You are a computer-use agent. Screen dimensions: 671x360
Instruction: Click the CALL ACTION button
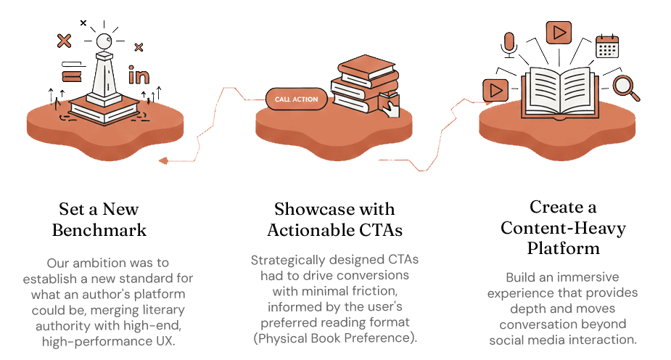[x=297, y=99]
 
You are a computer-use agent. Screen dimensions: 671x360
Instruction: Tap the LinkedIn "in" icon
[x=138, y=75]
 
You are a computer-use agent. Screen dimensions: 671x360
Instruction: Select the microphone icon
[x=509, y=43]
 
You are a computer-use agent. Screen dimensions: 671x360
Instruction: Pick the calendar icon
[x=606, y=46]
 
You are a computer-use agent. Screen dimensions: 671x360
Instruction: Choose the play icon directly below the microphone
[x=495, y=89]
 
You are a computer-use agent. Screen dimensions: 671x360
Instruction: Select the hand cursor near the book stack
[x=392, y=109]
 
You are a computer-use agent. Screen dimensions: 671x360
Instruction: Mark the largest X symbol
[x=64, y=41]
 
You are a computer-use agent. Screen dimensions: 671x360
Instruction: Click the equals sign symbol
[x=70, y=75]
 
